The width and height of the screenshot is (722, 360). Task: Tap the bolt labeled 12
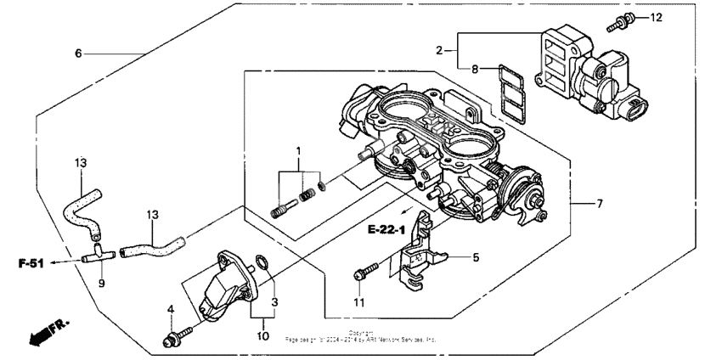coord(618,22)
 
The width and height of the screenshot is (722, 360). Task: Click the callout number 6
coord(78,53)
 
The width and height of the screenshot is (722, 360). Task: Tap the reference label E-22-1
coord(391,230)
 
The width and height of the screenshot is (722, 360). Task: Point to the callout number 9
coord(101,284)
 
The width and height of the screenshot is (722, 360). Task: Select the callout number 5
coord(476,256)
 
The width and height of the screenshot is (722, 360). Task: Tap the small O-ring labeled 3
coord(264,266)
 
